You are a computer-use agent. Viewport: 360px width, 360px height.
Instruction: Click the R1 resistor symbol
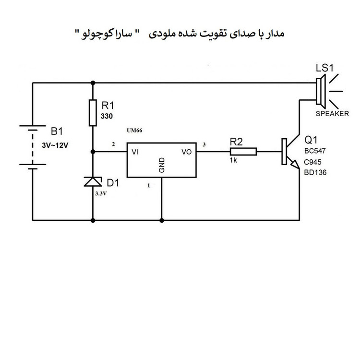[x=93, y=113]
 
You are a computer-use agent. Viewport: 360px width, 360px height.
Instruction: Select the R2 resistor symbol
[x=243, y=152]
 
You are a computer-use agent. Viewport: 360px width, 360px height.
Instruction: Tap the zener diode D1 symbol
[x=93, y=181]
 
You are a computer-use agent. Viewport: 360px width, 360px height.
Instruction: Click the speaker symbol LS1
[x=320, y=91]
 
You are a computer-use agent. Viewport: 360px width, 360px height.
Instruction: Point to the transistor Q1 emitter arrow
[x=295, y=164]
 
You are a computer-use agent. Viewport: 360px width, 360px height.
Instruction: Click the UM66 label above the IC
[x=134, y=131]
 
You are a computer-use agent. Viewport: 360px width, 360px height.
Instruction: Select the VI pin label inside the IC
[x=135, y=152]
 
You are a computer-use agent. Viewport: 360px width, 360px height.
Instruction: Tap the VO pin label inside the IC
[x=186, y=152]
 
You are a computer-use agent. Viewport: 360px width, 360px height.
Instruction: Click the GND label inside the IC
[x=162, y=165]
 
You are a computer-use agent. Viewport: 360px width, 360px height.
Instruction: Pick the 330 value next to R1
[x=107, y=116]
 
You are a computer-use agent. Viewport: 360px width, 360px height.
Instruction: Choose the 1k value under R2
[x=233, y=160]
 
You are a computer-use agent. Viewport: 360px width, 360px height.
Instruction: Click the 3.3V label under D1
[x=101, y=193]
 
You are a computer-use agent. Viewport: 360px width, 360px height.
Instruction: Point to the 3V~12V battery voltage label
[x=55, y=145]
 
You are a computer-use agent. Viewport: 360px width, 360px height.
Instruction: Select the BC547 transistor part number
[x=315, y=151]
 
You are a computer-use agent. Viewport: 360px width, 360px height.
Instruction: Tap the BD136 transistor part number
[x=315, y=172]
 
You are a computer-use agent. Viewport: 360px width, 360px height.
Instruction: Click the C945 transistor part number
[x=312, y=162]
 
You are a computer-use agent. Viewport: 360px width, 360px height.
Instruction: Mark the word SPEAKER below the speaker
[x=332, y=114]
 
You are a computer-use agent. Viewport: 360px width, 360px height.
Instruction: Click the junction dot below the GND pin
[x=162, y=220]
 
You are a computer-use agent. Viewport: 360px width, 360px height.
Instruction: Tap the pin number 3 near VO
[x=204, y=144]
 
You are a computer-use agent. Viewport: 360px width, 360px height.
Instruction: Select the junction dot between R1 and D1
[x=93, y=152]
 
